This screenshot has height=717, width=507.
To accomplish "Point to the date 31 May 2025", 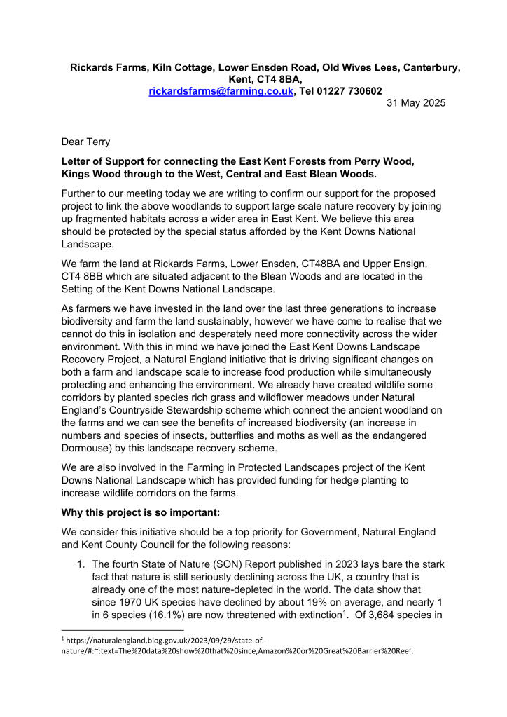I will click(416, 103).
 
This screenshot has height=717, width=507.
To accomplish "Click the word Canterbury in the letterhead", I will click(431, 68).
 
